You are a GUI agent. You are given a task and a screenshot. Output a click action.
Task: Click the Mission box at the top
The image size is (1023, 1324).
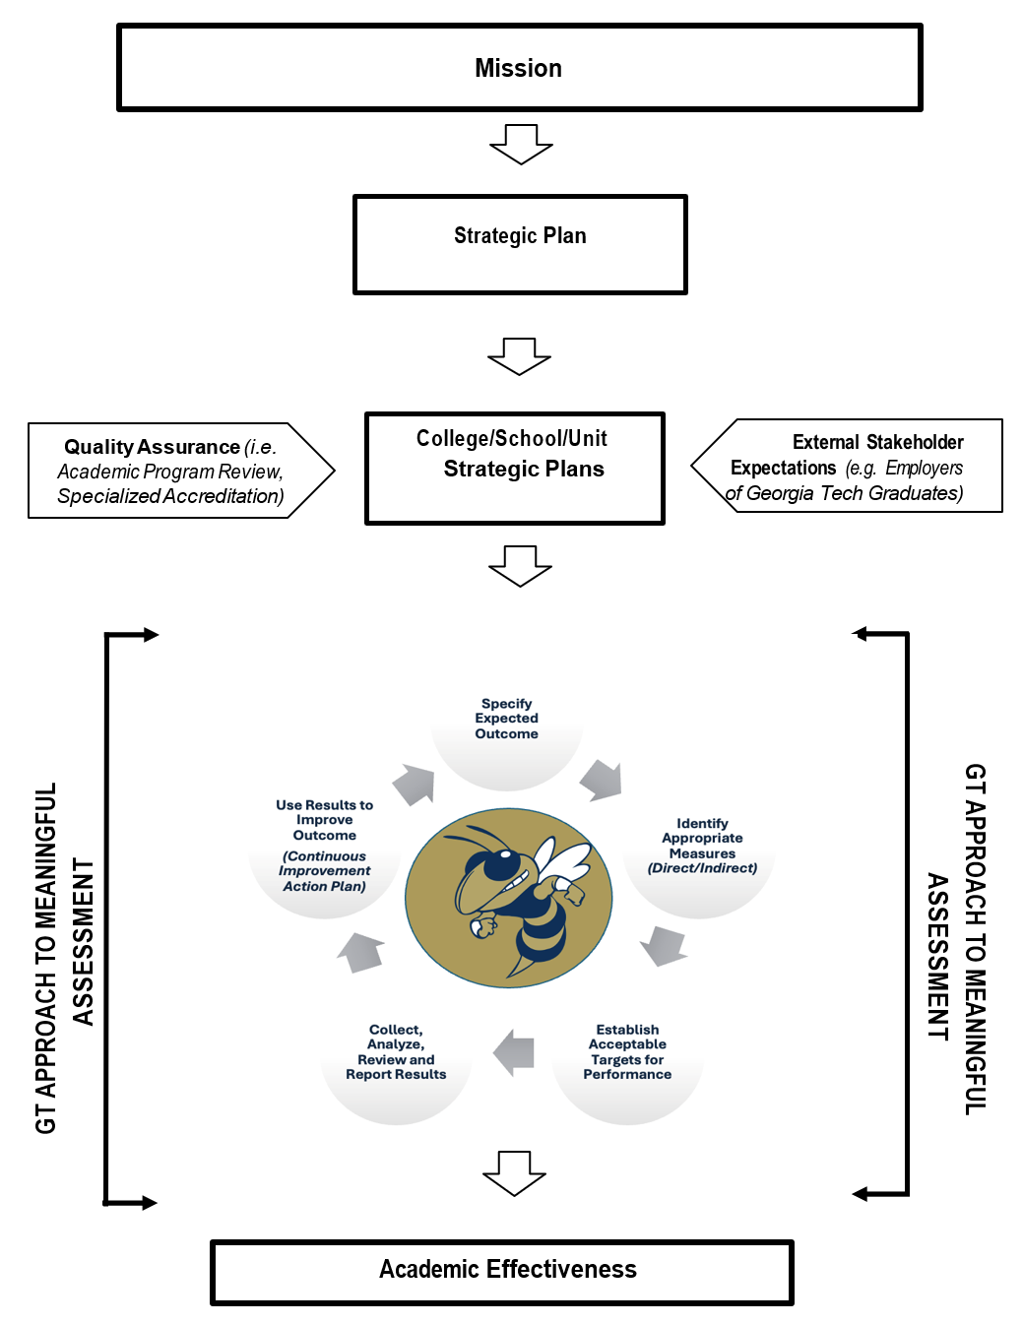(519, 68)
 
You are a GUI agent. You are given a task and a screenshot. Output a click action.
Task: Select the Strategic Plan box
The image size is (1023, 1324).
(520, 244)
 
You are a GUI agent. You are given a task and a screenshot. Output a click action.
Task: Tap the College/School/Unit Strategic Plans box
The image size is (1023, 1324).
(514, 468)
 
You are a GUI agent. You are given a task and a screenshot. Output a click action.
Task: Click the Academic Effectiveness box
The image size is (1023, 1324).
(502, 1272)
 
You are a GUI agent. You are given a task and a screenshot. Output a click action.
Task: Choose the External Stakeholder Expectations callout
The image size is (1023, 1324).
(847, 467)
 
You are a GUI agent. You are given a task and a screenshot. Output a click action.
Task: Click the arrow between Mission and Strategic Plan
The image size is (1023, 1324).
(521, 144)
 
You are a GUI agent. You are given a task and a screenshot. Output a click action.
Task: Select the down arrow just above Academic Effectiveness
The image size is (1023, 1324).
(514, 1172)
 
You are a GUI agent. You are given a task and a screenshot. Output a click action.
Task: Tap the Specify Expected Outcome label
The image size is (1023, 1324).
(506, 720)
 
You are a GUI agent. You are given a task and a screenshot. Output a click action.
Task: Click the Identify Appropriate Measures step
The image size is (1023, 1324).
(702, 846)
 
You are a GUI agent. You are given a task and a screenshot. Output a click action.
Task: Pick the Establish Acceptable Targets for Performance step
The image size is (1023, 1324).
(627, 1052)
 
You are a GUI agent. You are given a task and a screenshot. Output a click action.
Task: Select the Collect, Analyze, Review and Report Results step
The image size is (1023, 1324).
(396, 1052)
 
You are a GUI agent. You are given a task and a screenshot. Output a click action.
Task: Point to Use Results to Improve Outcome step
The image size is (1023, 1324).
(324, 845)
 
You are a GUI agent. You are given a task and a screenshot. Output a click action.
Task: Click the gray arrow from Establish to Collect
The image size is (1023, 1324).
(514, 1052)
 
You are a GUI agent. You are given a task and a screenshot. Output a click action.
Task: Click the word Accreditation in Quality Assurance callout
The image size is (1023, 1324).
(226, 496)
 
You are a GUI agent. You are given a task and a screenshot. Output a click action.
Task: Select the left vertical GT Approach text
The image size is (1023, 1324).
(64, 955)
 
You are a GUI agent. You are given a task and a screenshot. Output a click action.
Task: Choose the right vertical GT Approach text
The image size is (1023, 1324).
(956, 940)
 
